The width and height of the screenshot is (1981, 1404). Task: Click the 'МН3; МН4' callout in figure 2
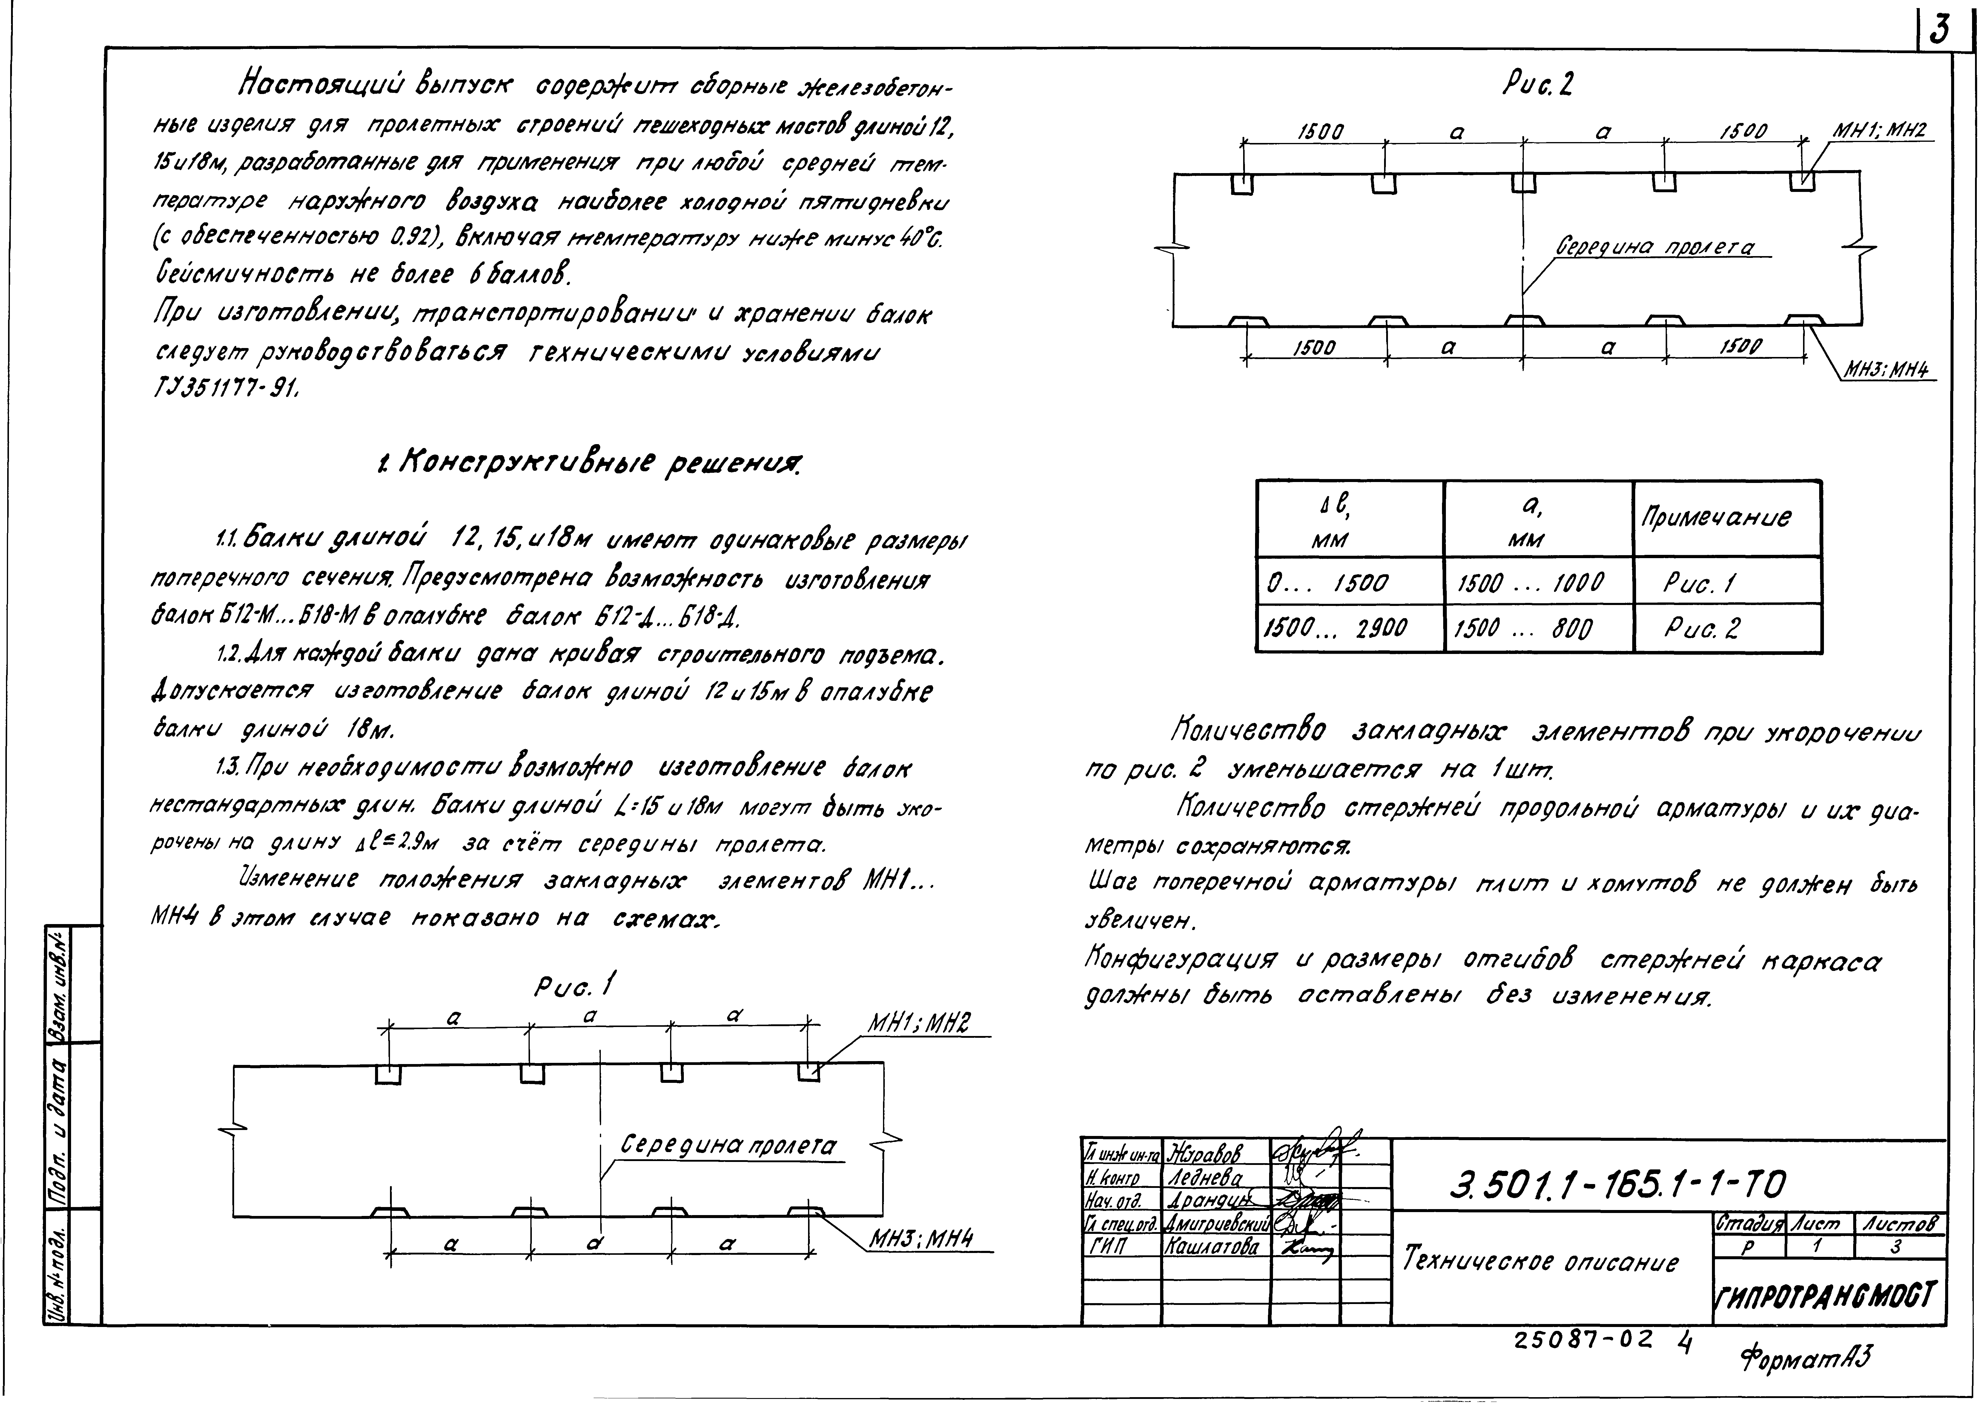[x=1888, y=369]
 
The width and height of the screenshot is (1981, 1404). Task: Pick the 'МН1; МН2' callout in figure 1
[x=918, y=1024]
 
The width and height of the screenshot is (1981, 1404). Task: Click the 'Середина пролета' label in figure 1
[x=729, y=1146]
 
